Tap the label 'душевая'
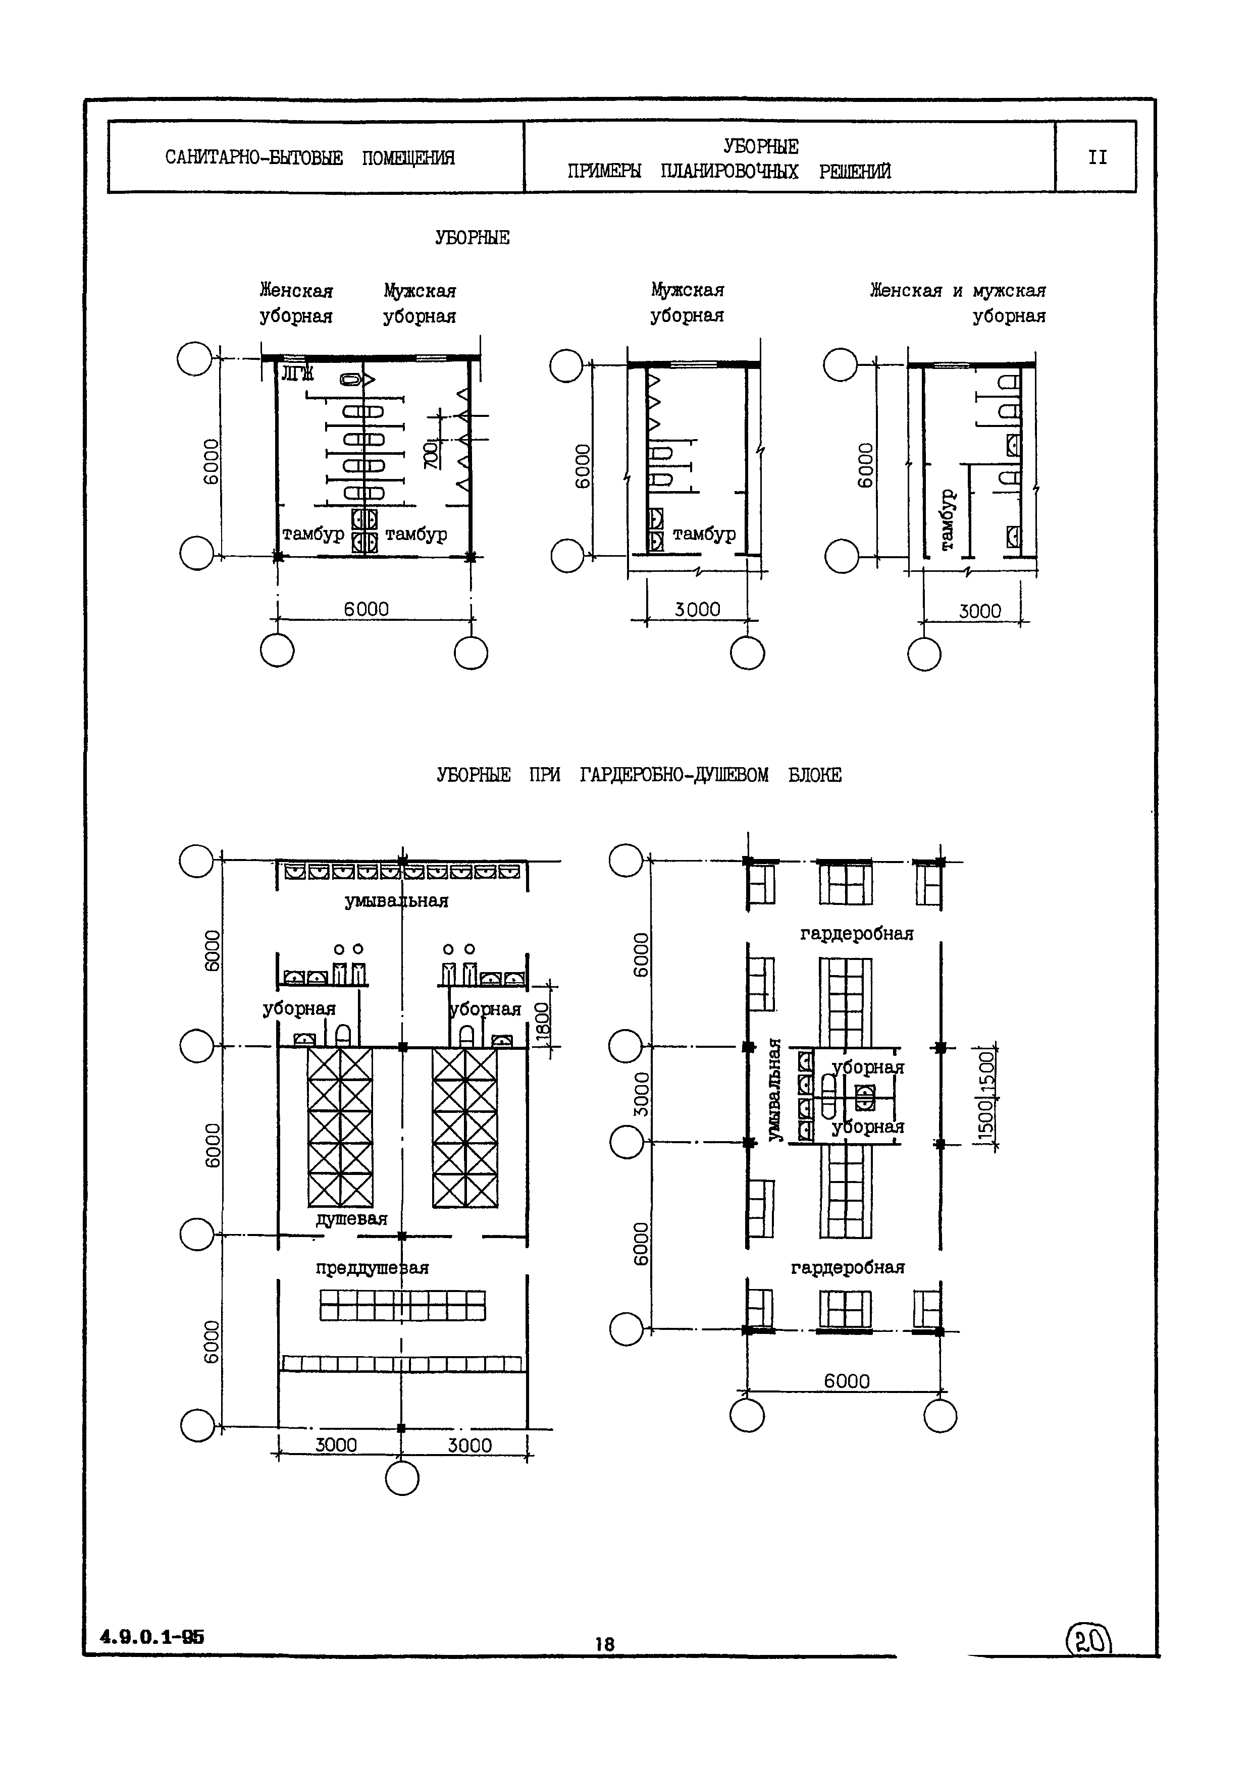pyautogui.click(x=351, y=1219)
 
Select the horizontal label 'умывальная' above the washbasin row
pyautogui.click(x=396, y=900)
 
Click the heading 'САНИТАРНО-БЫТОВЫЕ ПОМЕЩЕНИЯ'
pyautogui.click(x=310, y=158)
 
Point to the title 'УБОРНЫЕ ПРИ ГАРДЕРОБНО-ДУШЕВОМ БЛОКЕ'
pyautogui.click(x=639, y=775)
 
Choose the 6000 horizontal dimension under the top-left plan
pyautogui.click(x=366, y=609)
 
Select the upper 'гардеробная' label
pyautogui.click(x=857, y=934)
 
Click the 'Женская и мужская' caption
pyautogui.click(x=958, y=291)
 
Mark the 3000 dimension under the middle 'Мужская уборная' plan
pyautogui.click(x=698, y=609)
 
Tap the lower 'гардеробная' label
pyautogui.click(x=847, y=1267)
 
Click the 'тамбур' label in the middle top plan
pyautogui.click(x=704, y=533)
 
